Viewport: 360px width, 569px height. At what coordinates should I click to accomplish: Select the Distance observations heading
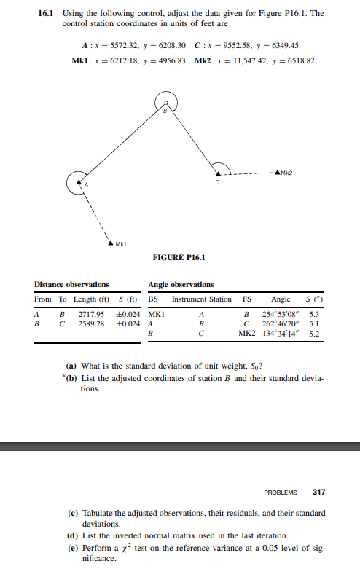coord(71,284)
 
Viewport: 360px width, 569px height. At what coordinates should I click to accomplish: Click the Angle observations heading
coord(181,284)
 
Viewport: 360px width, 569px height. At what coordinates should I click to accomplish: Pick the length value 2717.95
coord(90,313)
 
